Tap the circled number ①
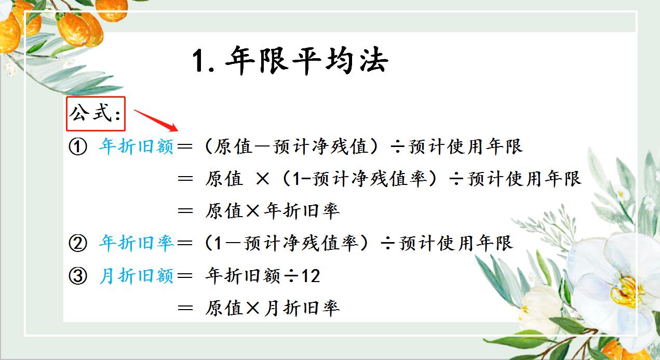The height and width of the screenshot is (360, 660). (78, 148)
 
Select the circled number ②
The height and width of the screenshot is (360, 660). (78, 244)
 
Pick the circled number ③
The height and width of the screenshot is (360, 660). (78, 276)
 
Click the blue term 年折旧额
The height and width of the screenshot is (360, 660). (136, 148)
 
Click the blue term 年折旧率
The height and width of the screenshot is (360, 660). (136, 244)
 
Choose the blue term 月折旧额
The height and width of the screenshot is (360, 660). (136, 276)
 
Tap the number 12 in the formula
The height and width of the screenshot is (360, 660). (311, 276)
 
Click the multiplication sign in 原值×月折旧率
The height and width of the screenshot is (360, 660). (253, 308)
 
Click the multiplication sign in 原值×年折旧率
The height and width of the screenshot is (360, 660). (253, 211)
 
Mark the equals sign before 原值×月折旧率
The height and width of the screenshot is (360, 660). (185, 308)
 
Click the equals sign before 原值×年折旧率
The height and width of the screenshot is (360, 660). (185, 211)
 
